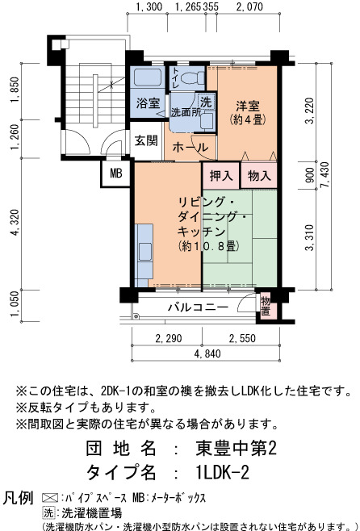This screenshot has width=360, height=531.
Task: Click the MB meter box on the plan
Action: (115, 174)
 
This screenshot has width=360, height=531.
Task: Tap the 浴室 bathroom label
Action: (148, 103)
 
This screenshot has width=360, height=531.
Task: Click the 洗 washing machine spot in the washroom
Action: (205, 101)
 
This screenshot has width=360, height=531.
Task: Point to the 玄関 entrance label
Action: (146, 141)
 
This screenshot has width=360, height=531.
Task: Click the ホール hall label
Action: (190, 148)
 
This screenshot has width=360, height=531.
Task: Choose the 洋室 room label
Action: (248, 107)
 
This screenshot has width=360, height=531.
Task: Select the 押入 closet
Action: (221, 175)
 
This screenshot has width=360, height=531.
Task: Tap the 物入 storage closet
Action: (259, 175)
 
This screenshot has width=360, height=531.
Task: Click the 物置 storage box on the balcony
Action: (266, 306)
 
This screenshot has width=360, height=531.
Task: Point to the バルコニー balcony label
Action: (198, 307)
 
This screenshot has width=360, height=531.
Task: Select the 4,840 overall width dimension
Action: (207, 354)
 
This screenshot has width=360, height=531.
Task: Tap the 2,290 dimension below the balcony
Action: (169, 338)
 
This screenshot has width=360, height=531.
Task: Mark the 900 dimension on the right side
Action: (310, 175)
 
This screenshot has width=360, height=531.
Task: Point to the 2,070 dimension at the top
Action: (249, 6)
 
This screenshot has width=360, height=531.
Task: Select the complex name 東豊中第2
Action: (237, 449)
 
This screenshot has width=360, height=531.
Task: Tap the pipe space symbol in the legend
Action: (51, 498)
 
